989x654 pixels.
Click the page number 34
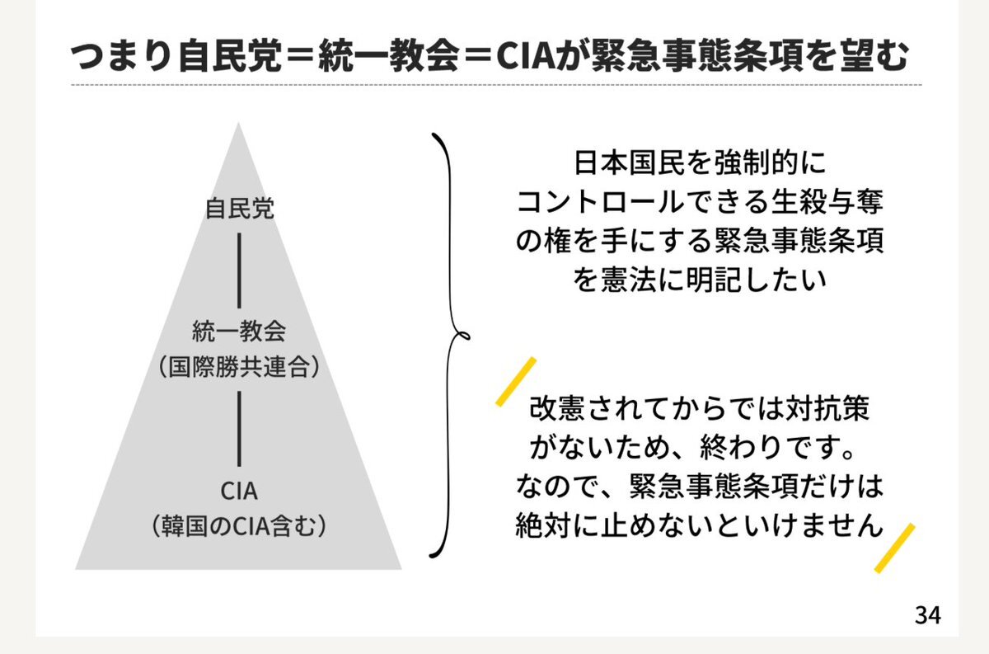pyautogui.click(x=927, y=614)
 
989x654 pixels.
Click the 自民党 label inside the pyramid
pyautogui.click(x=239, y=209)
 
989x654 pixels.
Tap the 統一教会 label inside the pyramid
pyautogui.click(x=239, y=332)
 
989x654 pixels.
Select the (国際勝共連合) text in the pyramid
pyautogui.click(x=239, y=367)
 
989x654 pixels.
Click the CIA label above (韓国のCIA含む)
pyautogui.click(x=239, y=491)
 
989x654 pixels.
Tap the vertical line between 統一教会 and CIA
pyautogui.click(x=239, y=428)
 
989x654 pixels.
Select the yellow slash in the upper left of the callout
pyautogui.click(x=516, y=382)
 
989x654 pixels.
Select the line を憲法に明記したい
pyautogui.click(x=698, y=280)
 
